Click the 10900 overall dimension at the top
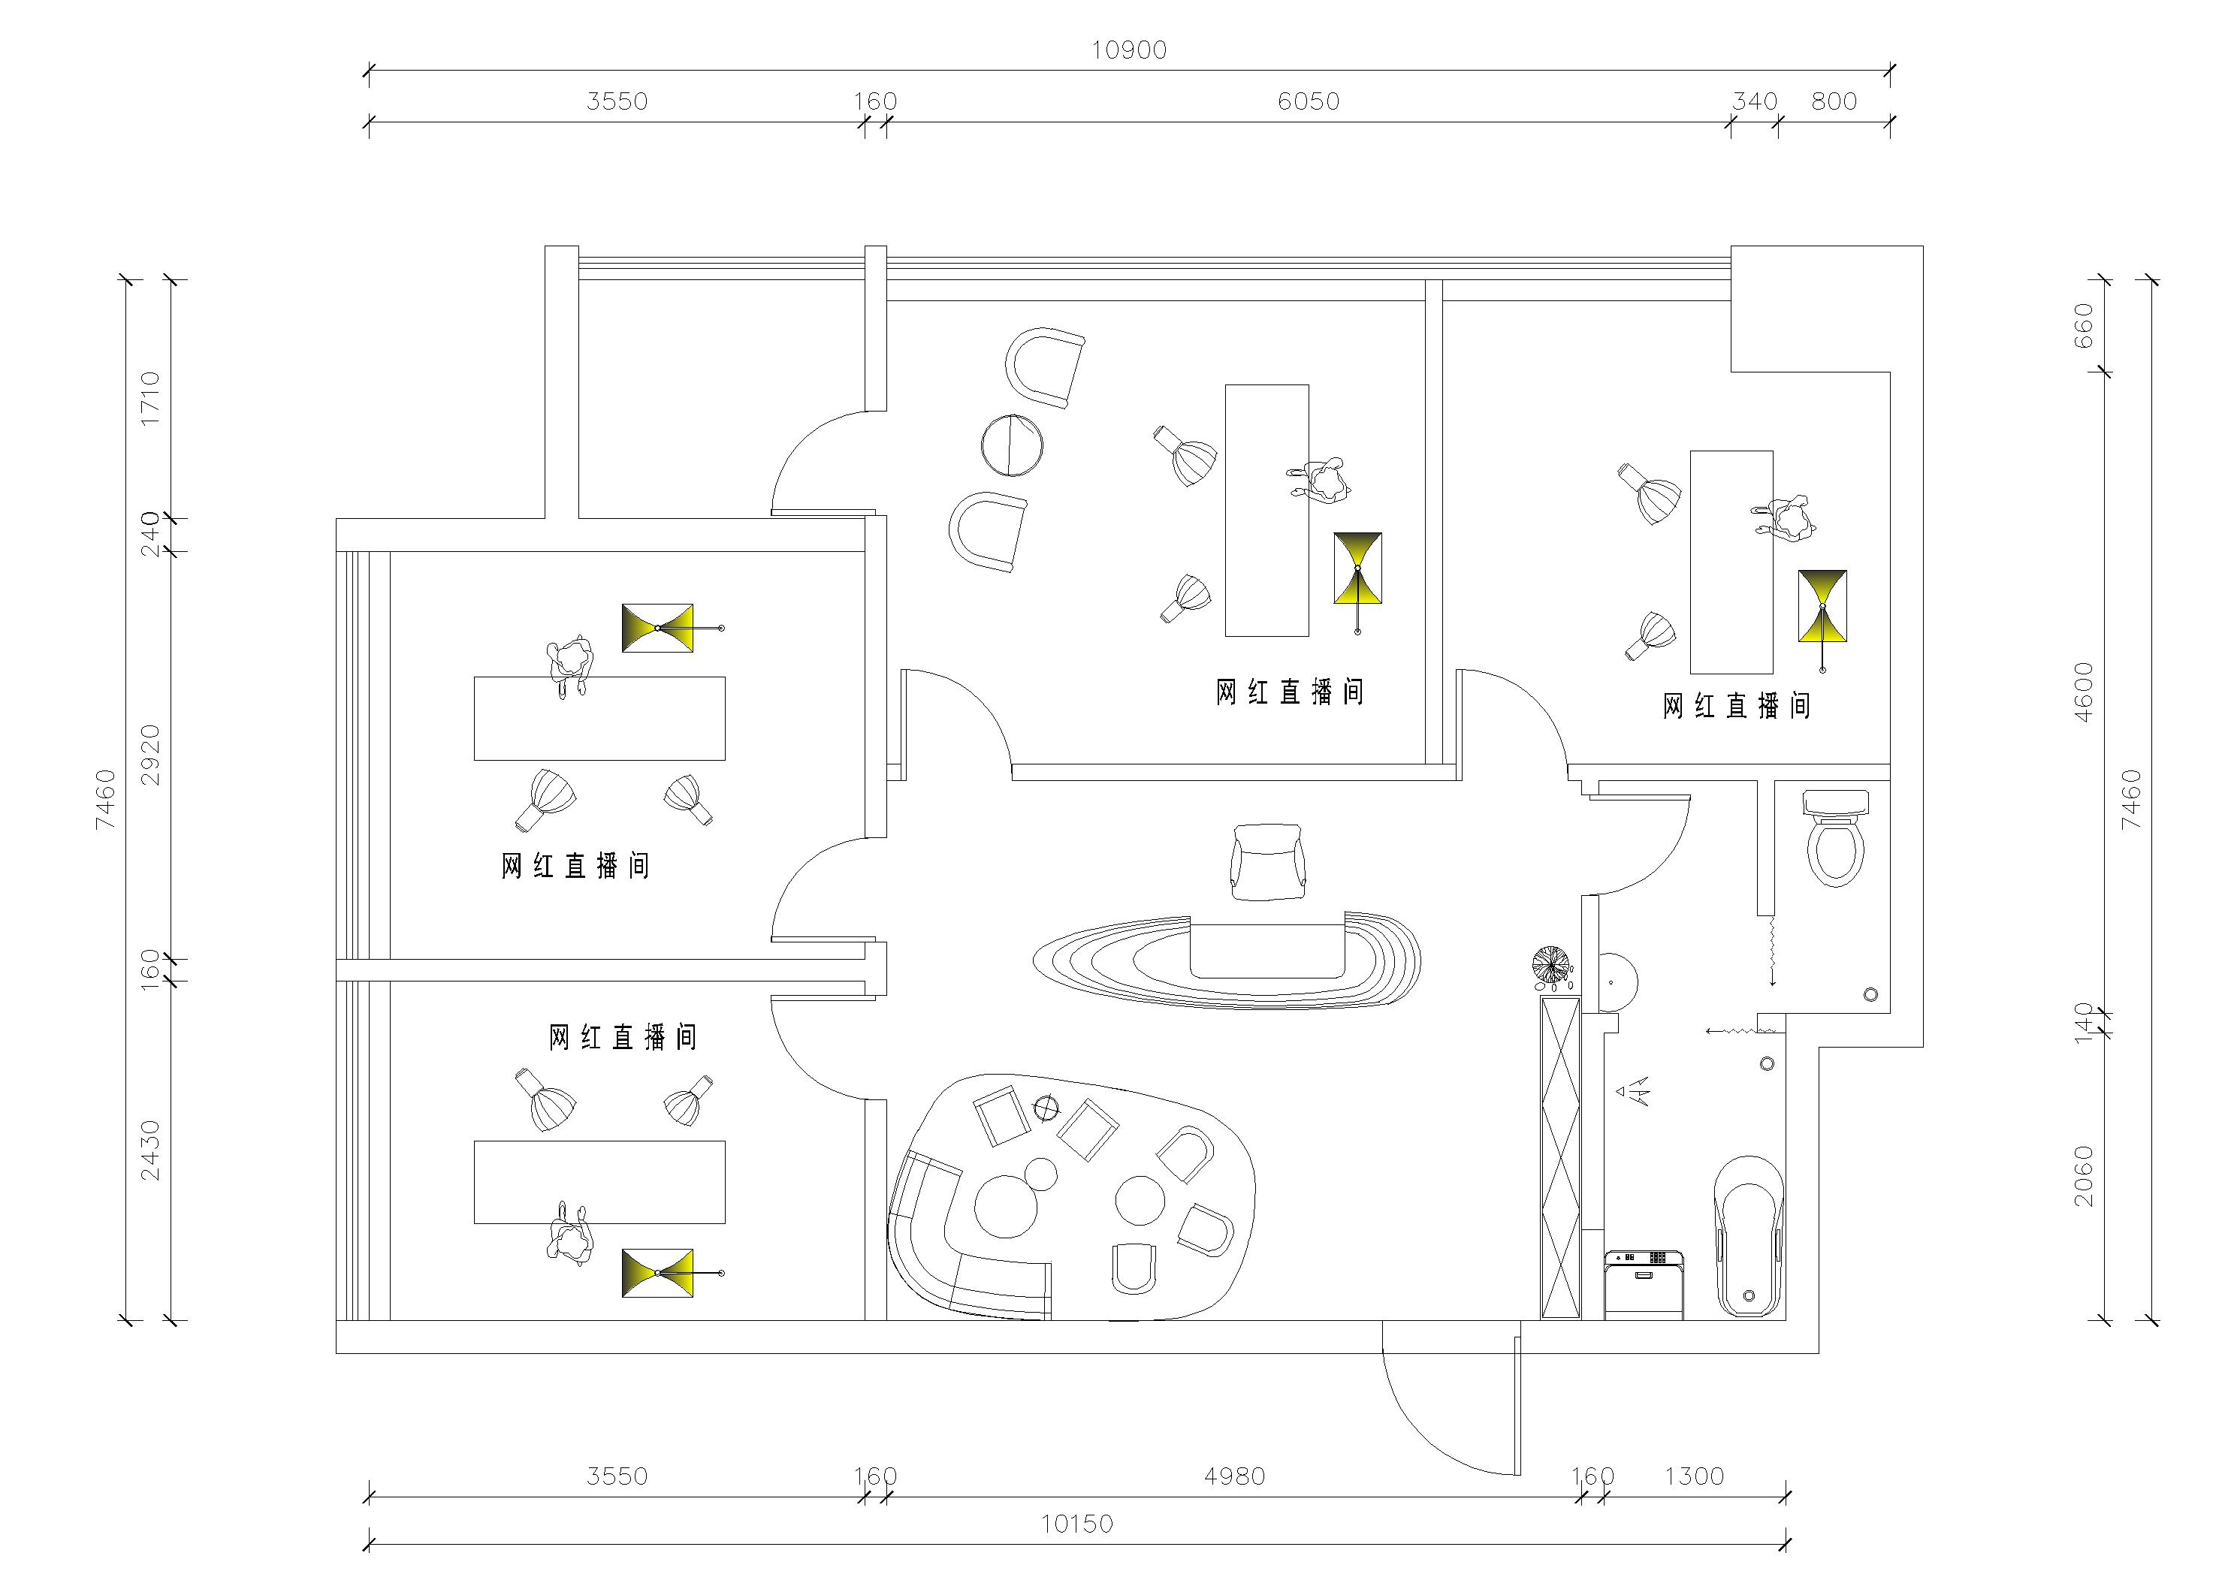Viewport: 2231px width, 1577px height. [x=1128, y=50]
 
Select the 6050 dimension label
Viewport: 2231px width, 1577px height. [x=1308, y=101]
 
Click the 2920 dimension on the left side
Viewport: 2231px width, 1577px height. [x=149, y=754]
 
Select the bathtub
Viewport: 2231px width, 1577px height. [x=1749, y=1236]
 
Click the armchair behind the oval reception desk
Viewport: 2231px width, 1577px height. [x=1267, y=862]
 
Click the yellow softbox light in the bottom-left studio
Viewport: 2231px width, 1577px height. [x=658, y=1273]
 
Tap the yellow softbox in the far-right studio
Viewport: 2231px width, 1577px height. [x=1822, y=606]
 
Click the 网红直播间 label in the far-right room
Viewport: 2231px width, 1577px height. [x=1737, y=707]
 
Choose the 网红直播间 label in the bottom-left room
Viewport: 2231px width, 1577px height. [x=623, y=1038]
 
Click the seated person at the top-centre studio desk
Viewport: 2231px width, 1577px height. [x=1321, y=480]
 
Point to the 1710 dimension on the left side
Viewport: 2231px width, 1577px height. [x=149, y=397]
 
